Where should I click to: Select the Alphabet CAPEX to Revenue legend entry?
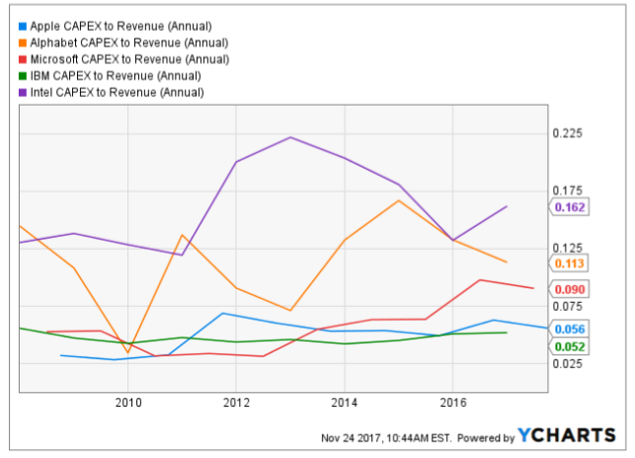pyautogui.click(x=128, y=42)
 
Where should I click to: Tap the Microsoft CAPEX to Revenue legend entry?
pyautogui.click(x=129, y=59)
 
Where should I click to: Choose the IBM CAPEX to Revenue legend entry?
pyautogui.click(x=115, y=76)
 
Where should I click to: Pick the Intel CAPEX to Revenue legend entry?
pyautogui.click(x=117, y=93)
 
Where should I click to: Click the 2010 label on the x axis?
pyautogui.click(x=127, y=403)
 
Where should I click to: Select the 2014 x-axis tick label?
pyautogui.click(x=344, y=403)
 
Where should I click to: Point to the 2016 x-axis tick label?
pyautogui.click(x=452, y=403)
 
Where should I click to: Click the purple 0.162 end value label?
pyautogui.click(x=571, y=207)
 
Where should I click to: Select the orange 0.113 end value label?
pyautogui.click(x=571, y=263)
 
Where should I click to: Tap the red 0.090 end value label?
pyautogui.click(x=571, y=289)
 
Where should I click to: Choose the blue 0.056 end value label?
pyautogui.click(x=571, y=330)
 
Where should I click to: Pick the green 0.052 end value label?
pyautogui.click(x=571, y=346)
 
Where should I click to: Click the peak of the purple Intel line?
pyautogui.click(x=290, y=137)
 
